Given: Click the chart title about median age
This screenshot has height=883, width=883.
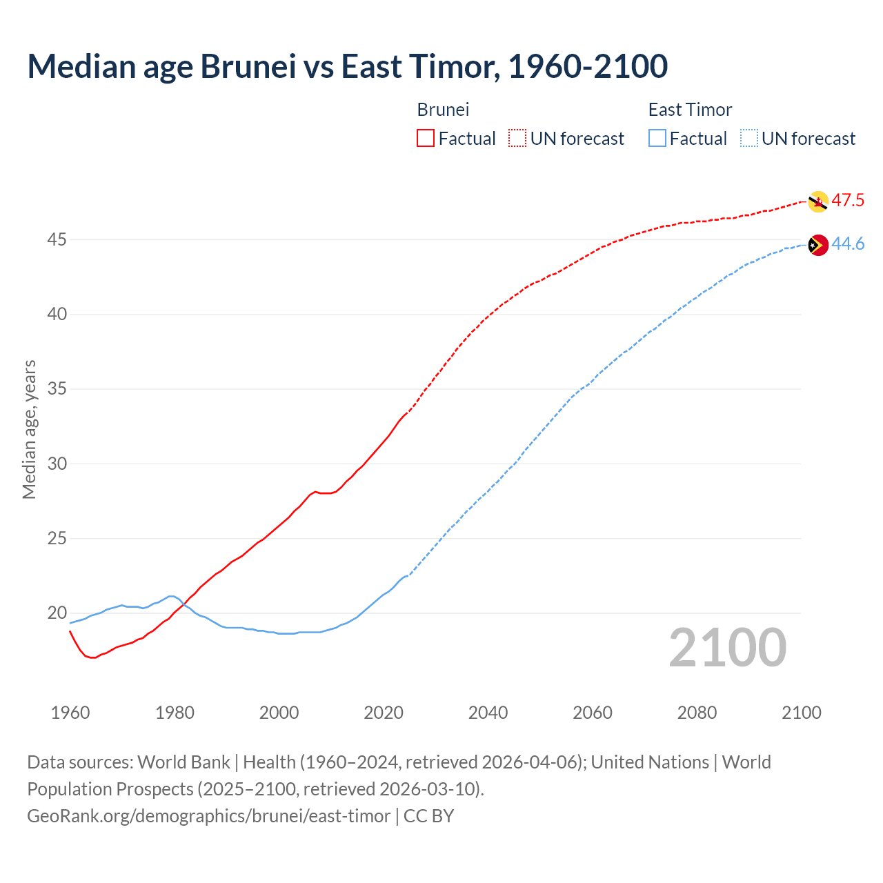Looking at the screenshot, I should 347,66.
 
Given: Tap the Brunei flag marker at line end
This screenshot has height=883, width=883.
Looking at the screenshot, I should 817,201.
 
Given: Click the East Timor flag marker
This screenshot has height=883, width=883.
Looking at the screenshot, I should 817,245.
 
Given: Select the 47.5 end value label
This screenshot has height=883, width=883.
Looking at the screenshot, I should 848,201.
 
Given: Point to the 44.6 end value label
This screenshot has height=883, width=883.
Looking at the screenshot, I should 848,244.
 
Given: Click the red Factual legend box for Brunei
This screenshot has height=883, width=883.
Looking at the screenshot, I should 426,139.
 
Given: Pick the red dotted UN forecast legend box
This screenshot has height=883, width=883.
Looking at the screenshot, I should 517,139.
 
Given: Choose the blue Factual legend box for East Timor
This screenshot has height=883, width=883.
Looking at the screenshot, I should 657,139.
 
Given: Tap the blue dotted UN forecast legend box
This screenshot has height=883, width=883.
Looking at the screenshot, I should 749,139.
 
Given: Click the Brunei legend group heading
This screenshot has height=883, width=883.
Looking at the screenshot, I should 443,110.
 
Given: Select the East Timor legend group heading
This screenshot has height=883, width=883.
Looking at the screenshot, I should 690,110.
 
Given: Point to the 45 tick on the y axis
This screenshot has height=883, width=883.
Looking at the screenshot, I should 57,239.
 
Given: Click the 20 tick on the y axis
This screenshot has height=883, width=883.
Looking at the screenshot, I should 57,613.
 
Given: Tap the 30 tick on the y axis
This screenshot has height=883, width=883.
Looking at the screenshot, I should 57,464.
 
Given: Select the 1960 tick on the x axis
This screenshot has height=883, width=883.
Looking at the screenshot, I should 70,713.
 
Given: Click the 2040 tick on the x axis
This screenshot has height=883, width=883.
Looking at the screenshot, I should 488,713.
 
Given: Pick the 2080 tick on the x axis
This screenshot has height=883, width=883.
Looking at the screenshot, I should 697,713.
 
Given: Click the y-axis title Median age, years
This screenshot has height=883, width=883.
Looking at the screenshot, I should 29,429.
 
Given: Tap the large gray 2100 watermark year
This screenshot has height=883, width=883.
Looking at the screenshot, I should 727,648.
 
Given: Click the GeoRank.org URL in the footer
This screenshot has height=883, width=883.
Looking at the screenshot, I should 208,816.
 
